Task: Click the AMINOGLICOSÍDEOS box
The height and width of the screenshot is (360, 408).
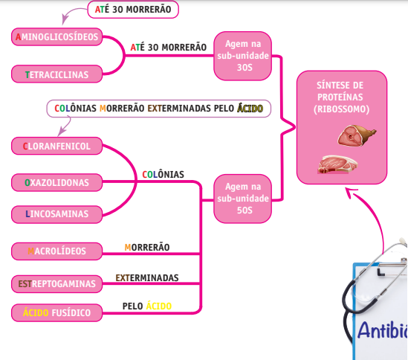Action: (x=58, y=37)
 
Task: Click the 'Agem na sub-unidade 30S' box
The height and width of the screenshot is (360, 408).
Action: (x=245, y=56)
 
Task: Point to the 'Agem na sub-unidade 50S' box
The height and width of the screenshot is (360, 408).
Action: (x=245, y=199)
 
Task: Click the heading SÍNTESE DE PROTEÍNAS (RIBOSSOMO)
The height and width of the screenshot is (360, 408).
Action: (x=341, y=97)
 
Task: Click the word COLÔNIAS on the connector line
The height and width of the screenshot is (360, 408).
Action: (x=163, y=175)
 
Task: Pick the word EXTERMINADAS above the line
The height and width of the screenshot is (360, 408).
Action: (x=147, y=277)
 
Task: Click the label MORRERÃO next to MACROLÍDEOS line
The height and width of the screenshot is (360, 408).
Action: (x=146, y=246)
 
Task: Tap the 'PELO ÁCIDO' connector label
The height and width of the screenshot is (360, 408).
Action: (x=146, y=306)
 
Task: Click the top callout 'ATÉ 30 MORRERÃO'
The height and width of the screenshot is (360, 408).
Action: (x=134, y=10)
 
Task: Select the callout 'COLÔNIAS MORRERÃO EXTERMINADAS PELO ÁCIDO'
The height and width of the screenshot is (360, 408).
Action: (x=159, y=108)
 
